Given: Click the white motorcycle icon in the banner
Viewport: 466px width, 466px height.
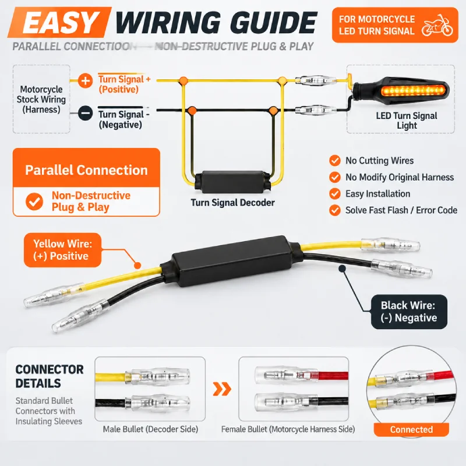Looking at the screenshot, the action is tap(437, 25).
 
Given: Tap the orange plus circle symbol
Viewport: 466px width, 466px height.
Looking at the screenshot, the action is tap(85, 80).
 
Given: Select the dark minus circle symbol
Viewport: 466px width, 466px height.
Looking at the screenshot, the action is tap(85, 113).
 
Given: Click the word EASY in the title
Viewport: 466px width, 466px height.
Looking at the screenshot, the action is tap(59, 23).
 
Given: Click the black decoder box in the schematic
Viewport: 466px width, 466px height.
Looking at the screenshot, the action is tap(232, 182).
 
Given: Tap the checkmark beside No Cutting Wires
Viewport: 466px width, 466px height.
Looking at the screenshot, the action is tap(335, 161).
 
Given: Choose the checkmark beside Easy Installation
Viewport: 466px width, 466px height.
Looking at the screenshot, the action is tap(335, 194).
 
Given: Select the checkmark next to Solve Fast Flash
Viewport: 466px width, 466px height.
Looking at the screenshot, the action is tap(335, 210).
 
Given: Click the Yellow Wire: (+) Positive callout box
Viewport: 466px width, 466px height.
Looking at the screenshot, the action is tap(62, 250).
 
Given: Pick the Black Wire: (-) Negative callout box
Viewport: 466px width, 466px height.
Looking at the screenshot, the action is tap(409, 312).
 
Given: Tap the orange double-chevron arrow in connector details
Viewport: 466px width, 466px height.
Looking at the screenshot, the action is tap(222, 389).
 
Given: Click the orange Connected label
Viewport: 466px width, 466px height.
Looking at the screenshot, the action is tap(411, 429).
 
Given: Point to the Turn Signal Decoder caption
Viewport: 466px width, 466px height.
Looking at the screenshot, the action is tap(232, 203).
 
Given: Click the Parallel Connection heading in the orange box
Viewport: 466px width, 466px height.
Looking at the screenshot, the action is tap(86, 170).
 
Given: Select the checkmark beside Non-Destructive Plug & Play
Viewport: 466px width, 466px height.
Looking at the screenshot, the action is tap(34, 202).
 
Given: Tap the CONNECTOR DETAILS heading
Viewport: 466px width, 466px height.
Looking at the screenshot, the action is tap(50, 376).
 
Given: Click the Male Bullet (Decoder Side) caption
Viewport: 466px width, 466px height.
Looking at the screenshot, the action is tap(150, 429).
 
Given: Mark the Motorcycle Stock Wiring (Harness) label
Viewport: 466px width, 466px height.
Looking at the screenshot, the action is tap(41, 99).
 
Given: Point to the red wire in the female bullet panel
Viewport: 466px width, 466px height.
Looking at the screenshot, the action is tap(333, 376).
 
